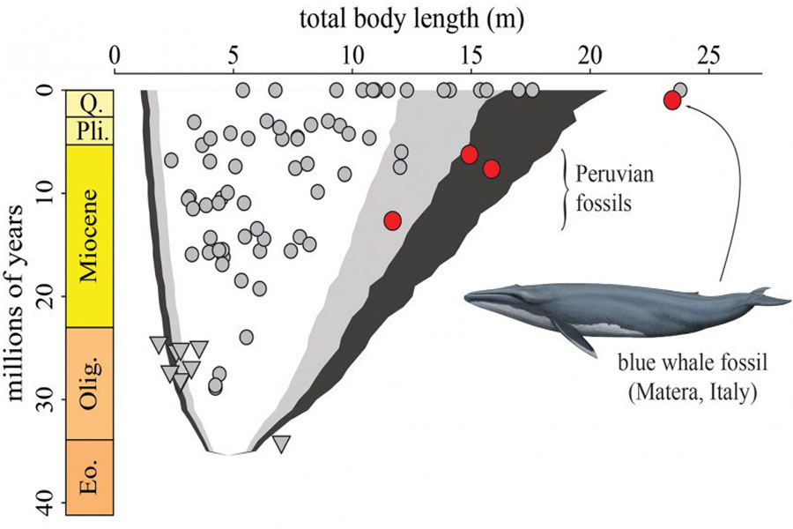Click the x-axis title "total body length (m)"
pos(411,19)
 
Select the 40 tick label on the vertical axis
pos(51,503)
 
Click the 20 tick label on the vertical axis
pos(51,295)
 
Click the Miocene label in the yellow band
pos(90,235)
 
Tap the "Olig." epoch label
pos(91,383)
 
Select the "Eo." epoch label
pos(91,477)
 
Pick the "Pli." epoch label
pos(90,131)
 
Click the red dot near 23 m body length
pos(671,101)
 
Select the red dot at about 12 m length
pos(392,220)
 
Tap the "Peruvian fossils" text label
pos(614,188)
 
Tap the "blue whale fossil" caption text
pos(693,364)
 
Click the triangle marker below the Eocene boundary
pos(282,443)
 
